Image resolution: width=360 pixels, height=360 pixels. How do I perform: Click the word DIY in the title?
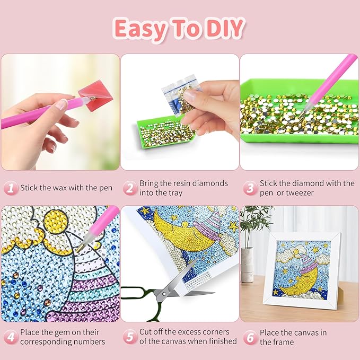[x=221, y=30]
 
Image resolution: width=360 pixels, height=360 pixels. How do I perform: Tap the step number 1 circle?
[x=10, y=188]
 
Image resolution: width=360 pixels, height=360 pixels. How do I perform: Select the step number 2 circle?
[x=129, y=188]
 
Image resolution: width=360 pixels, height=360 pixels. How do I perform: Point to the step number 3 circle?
[x=250, y=188]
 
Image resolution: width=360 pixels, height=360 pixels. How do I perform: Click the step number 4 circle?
[x=10, y=337]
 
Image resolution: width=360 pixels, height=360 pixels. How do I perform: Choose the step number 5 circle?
[x=129, y=337]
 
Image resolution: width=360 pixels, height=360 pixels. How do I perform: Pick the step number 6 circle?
[x=250, y=337]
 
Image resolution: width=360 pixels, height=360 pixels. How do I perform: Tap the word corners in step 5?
[x=219, y=332]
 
